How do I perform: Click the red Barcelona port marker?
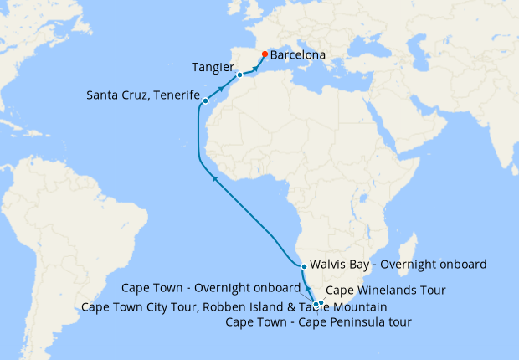tap(264, 55)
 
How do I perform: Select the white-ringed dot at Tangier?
tap(239, 75)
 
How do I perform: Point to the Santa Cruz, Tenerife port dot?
tap(205, 101)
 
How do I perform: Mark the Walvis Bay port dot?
tap(303, 265)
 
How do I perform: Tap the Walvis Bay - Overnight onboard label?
tap(398, 265)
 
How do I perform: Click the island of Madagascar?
tap(408, 257)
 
